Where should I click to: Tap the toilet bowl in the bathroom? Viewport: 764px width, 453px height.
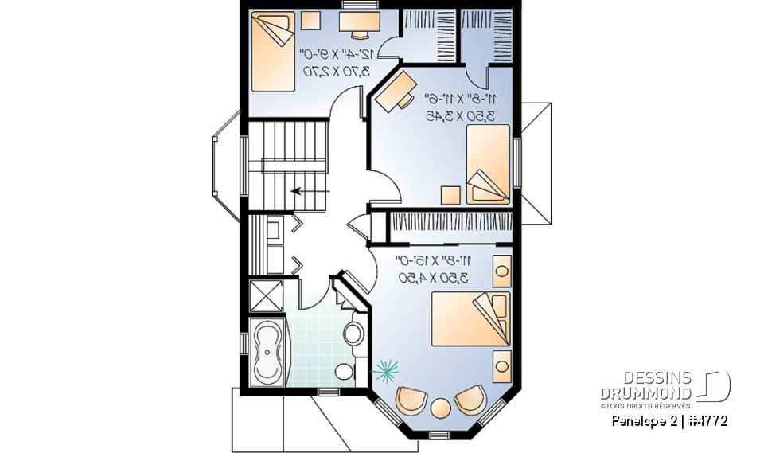pyautogui.click(x=345, y=372)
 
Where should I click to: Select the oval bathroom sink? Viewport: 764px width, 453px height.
pyautogui.click(x=355, y=332)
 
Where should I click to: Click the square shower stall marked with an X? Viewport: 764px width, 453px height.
pyautogui.click(x=266, y=295)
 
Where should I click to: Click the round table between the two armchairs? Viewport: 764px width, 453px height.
pyautogui.click(x=440, y=407)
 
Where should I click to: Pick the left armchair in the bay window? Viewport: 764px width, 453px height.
pyautogui.click(x=411, y=400)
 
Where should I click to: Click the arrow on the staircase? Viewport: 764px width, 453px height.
pyautogui.click(x=311, y=191)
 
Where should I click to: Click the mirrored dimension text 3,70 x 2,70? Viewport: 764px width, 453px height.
pyautogui.click(x=335, y=71)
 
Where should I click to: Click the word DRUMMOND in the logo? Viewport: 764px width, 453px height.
pyautogui.click(x=645, y=392)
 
